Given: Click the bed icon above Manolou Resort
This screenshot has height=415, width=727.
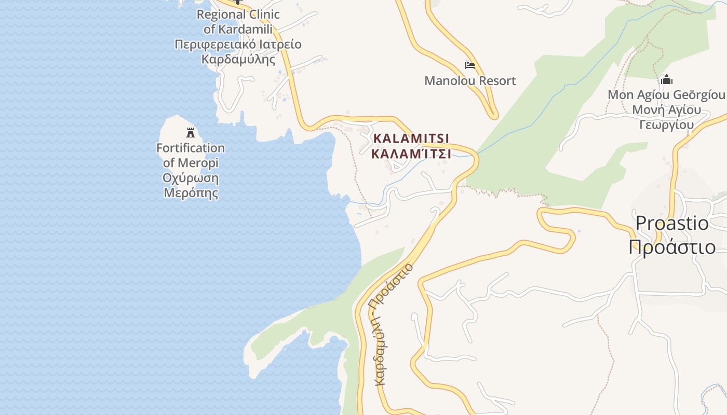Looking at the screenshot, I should [x=470, y=65].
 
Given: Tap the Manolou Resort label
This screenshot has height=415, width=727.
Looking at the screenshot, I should [x=470, y=81].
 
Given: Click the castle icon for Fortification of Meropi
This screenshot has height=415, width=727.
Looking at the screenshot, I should [x=191, y=133].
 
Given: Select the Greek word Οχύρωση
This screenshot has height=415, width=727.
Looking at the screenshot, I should [x=191, y=178].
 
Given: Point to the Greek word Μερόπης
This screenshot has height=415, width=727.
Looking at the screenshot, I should [x=191, y=193].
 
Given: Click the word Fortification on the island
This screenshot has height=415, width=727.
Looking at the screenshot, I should [x=191, y=148].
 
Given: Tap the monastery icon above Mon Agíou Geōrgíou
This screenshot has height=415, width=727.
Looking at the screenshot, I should [x=666, y=80].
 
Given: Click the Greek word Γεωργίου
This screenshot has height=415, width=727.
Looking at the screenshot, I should [x=666, y=125].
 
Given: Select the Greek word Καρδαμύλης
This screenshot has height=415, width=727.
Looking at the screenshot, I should [x=238, y=59].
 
